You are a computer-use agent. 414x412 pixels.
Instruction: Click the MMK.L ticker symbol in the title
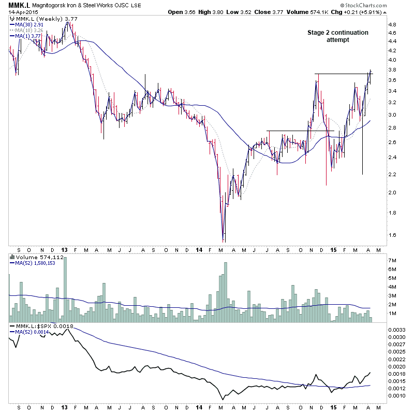[17, 5]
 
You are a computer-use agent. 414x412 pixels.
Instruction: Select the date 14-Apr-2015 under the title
[18, 13]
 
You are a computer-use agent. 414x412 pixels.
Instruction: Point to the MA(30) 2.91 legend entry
[29, 24]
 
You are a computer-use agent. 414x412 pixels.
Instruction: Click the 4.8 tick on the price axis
[392, 24]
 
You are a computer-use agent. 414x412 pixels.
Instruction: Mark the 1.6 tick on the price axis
[392, 235]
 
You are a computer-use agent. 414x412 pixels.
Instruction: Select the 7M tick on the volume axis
[392, 260]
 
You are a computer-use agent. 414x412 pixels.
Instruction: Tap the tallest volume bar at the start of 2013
[65, 290]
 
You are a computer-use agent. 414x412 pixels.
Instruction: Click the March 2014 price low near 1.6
[223, 240]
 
